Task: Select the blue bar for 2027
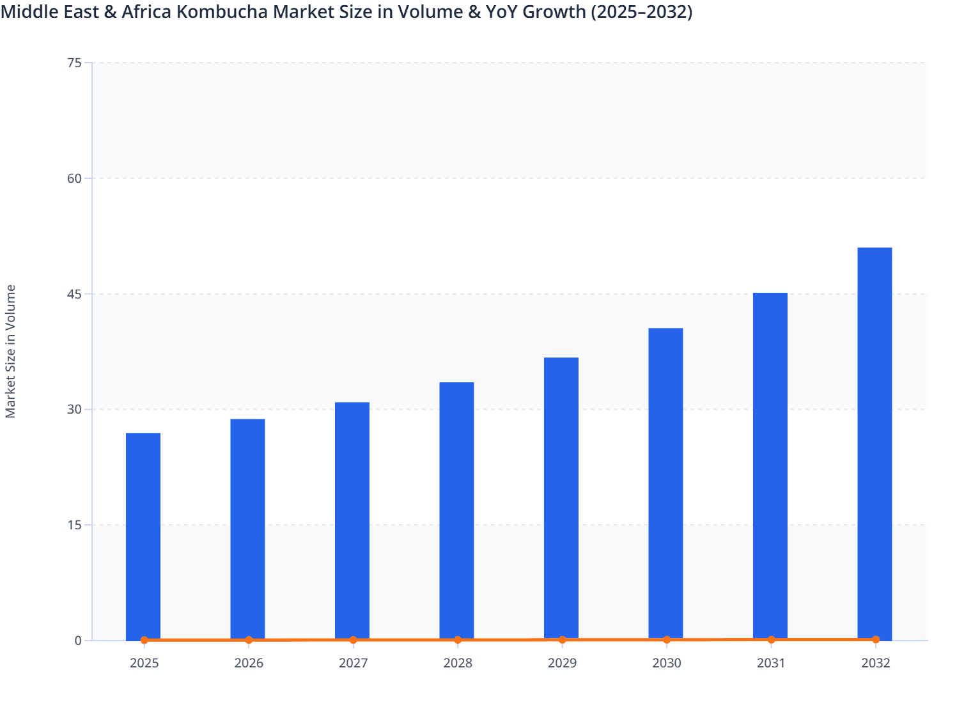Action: tap(352, 520)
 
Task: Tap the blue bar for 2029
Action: tap(561, 498)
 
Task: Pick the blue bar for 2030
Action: tap(665, 483)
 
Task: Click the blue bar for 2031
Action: tap(770, 466)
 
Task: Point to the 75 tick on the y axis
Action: tap(74, 63)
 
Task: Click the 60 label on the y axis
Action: tap(74, 178)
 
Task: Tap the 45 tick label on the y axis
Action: tap(74, 294)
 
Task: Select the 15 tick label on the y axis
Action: tap(74, 525)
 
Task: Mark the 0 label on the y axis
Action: tap(78, 641)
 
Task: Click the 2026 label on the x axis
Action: tap(249, 663)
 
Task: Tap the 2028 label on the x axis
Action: tap(458, 663)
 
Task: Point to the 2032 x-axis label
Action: tap(875, 663)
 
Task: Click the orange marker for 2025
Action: tap(144, 640)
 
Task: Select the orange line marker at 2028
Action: tap(458, 640)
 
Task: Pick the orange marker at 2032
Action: tap(876, 639)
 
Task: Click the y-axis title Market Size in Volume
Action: tap(10, 352)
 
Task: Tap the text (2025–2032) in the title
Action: tap(641, 12)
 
